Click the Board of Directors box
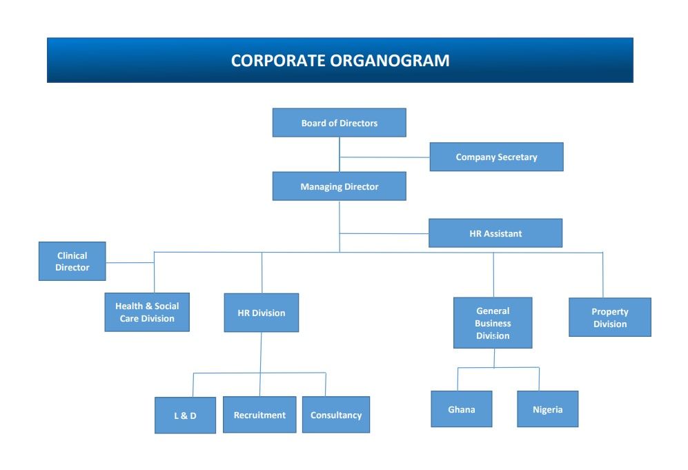tap(340, 122)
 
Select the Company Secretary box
tap(496, 157)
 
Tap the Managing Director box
tap(340, 186)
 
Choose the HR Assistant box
tap(495, 233)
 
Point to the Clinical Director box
tap(72, 261)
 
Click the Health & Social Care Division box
tap(147, 312)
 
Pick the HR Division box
tap(262, 313)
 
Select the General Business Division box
tap(493, 323)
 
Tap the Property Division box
tap(610, 317)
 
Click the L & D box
tap(185, 415)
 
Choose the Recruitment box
tap(259, 415)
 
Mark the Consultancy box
tap(336, 415)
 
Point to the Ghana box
tap(462, 409)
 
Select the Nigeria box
tap(548, 409)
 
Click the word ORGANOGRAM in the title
tap(390, 61)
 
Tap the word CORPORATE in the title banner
tap(279, 61)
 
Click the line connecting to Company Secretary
tap(384, 157)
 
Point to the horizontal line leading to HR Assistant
tap(384, 233)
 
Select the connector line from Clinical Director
tap(130, 263)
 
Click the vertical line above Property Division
tap(602, 275)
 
